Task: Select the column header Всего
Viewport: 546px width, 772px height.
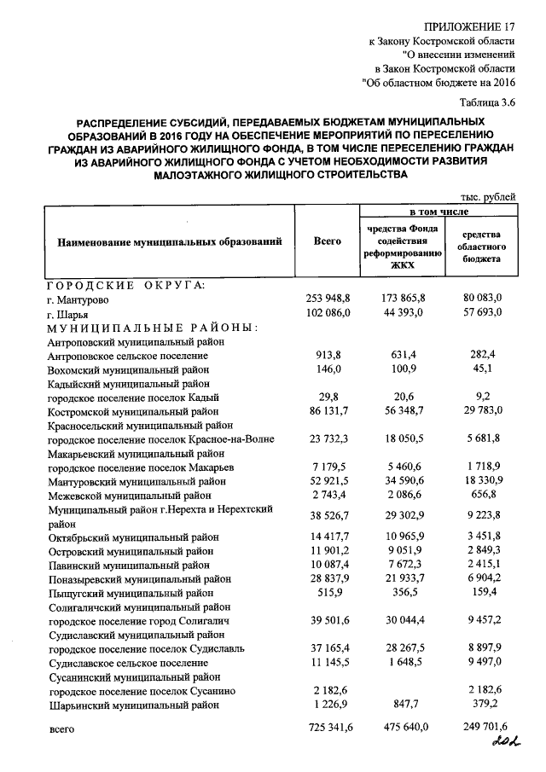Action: [328, 242]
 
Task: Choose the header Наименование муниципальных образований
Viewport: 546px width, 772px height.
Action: [170, 242]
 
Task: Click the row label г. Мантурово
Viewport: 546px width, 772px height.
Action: [78, 300]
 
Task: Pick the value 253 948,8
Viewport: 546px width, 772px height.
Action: [329, 300]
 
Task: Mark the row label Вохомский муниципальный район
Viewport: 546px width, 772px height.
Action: [129, 369]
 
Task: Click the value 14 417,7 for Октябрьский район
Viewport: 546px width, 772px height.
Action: [329, 537]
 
